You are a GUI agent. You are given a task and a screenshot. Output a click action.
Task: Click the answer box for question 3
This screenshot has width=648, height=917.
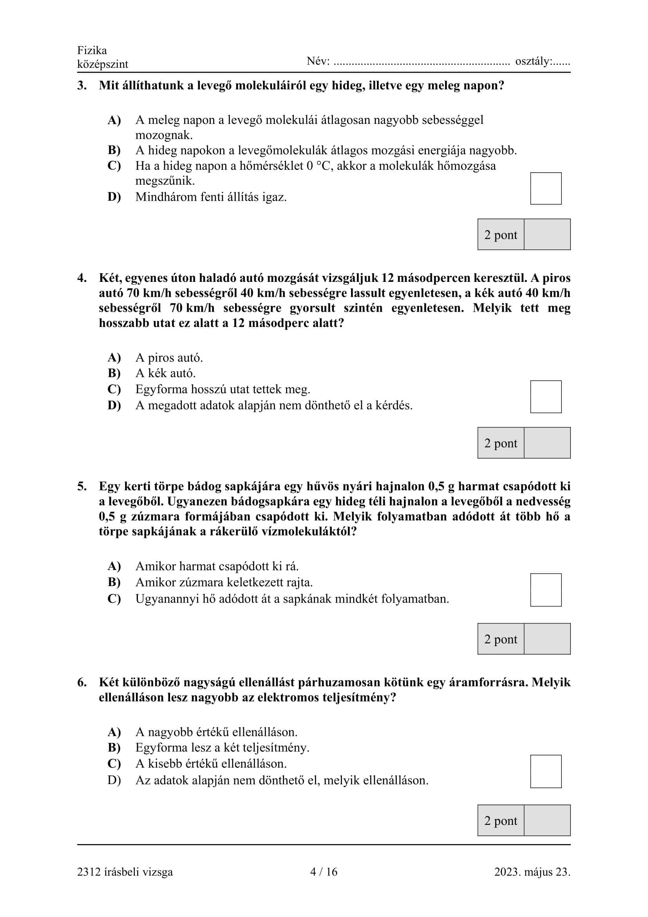click(545, 189)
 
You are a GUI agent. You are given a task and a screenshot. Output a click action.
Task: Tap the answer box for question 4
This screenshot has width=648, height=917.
click(545, 397)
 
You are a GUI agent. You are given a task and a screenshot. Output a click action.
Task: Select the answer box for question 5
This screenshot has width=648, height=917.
click(545, 590)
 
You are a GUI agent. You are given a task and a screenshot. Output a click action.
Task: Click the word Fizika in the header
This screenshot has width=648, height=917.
click(92, 50)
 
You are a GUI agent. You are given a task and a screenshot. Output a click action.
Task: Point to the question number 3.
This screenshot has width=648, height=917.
click(82, 85)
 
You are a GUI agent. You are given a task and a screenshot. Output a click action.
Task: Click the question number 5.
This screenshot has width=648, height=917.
click(82, 486)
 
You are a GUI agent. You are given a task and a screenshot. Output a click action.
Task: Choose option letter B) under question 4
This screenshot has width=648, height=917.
click(114, 373)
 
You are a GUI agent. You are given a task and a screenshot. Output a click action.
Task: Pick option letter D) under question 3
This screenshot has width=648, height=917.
click(114, 197)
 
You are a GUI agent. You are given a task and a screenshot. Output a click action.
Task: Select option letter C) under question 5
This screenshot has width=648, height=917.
click(114, 599)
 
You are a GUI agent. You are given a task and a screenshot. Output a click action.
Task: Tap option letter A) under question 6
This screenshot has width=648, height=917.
click(114, 732)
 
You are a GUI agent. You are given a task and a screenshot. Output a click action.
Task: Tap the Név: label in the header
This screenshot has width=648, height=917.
click(318, 61)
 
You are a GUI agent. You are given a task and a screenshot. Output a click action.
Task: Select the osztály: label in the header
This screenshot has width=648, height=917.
click(534, 61)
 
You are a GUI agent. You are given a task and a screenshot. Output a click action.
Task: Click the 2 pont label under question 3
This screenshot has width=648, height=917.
click(500, 235)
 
